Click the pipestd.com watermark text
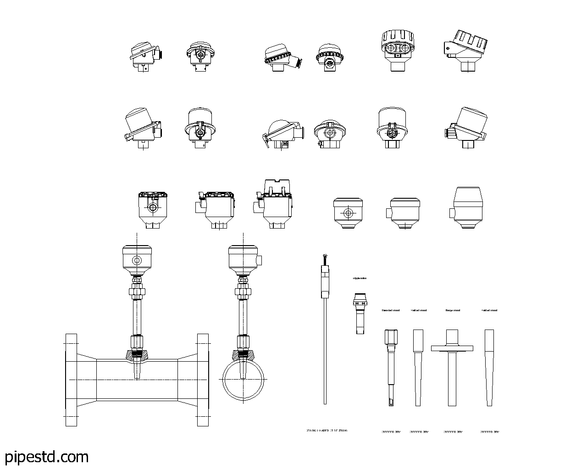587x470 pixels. (x=46, y=457)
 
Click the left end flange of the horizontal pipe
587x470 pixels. (x=71, y=380)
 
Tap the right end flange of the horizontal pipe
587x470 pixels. (x=203, y=380)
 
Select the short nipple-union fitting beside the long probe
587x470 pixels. (x=360, y=312)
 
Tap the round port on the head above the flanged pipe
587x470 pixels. (x=137, y=261)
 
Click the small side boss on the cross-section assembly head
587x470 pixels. (x=259, y=260)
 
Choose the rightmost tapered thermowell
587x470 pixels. (x=489, y=367)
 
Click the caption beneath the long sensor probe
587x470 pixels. (x=327, y=431)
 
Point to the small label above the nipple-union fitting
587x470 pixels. (x=360, y=278)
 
